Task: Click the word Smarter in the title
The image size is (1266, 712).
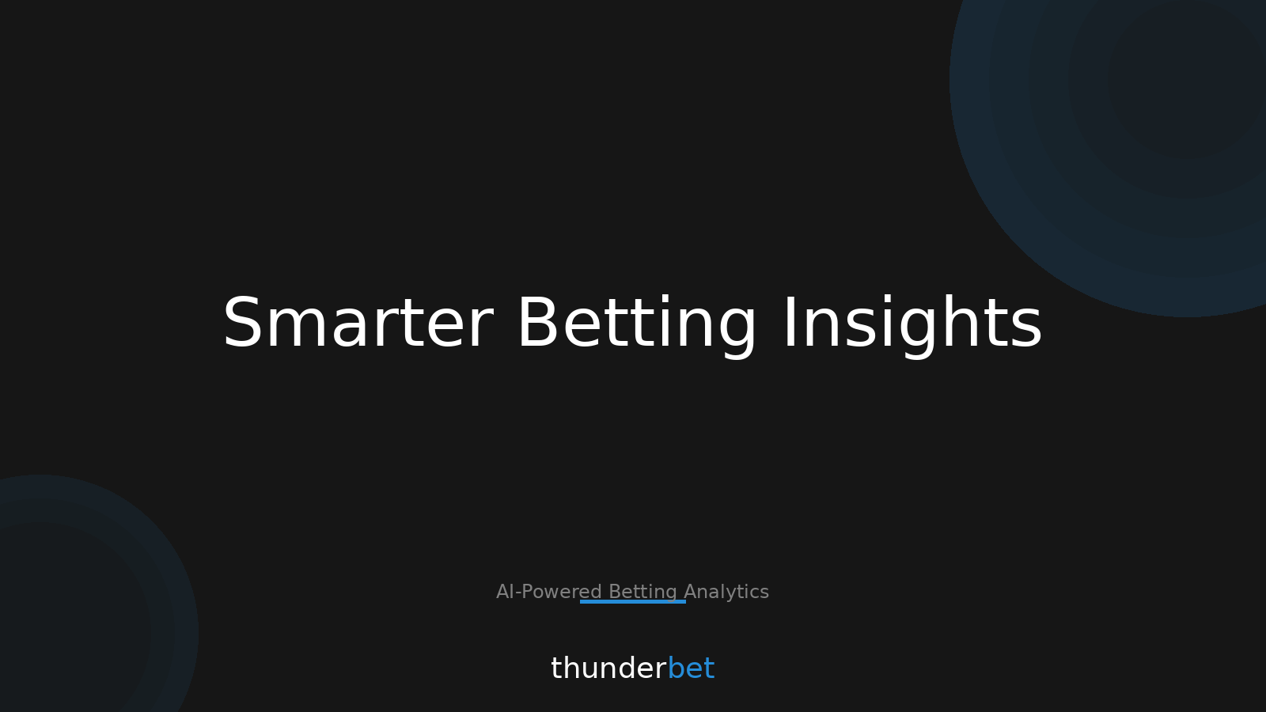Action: coord(357,324)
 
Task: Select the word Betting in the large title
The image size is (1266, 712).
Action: coord(637,324)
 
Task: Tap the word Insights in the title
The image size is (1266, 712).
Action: coord(912,324)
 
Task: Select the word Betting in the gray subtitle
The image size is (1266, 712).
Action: coord(642,592)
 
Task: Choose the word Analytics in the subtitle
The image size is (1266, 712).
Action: coord(726,592)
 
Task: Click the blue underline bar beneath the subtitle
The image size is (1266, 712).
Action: coord(633,602)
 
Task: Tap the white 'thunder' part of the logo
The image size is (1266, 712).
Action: coord(608,669)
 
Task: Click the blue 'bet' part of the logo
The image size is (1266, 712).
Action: coord(691,669)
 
